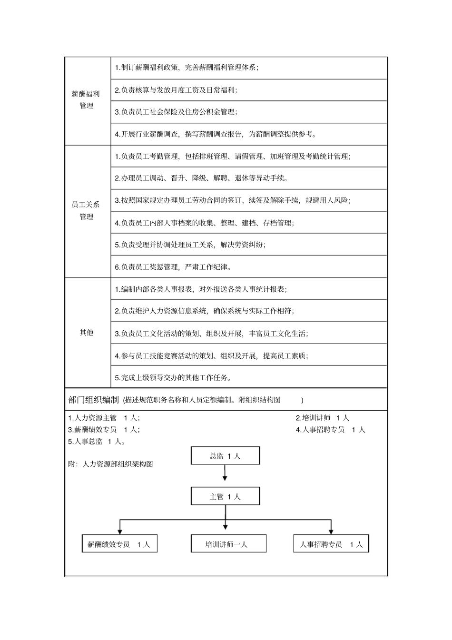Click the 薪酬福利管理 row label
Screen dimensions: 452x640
(87, 100)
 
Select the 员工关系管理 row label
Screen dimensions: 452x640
(87, 211)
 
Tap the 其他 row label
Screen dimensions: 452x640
(87, 333)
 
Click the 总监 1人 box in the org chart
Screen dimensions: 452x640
(225, 456)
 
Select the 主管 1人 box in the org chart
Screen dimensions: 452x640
(225, 496)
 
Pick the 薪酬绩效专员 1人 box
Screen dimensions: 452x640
(119, 544)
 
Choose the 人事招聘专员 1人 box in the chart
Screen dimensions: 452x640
(331, 544)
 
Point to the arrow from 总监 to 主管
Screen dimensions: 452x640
(225, 474)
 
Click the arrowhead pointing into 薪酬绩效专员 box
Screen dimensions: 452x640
(119, 531)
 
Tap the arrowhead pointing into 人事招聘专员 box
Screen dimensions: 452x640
(331, 531)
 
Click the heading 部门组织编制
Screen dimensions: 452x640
(93, 400)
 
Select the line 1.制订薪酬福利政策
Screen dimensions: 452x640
(187, 68)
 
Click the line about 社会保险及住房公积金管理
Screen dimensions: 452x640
(176, 112)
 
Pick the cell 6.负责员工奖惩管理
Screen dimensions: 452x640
(173, 267)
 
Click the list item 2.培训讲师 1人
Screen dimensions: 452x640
(323, 418)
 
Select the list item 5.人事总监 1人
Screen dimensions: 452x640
(97, 441)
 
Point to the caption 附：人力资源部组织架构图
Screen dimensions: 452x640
(111, 463)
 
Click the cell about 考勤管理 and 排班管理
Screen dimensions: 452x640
(233, 156)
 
